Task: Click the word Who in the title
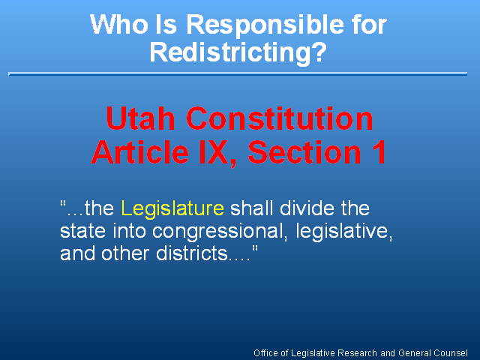(x=118, y=24)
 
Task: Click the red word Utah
(x=140, y=118)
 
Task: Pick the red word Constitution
(x=280, y=118)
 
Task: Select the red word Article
(x=140, y=152)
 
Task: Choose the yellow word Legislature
(x=172, y=208)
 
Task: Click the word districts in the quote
(x=192, y=253)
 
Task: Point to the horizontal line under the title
(x=238, y=73)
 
